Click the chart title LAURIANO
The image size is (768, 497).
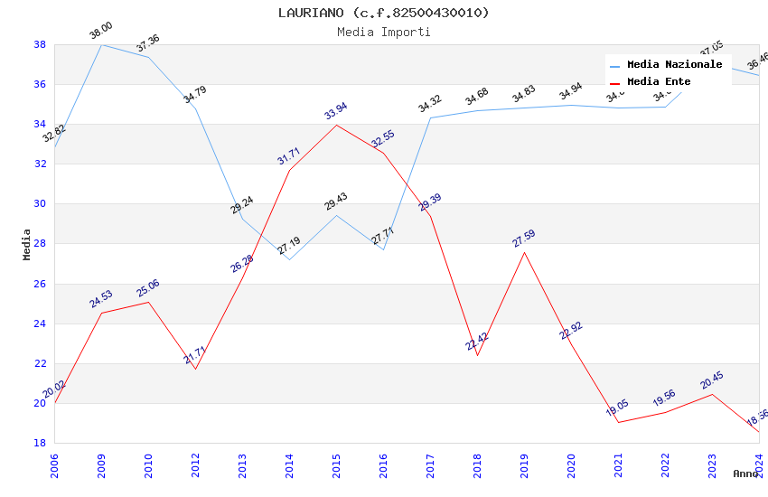383,13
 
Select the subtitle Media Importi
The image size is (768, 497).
383,32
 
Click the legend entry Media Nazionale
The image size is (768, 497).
674,65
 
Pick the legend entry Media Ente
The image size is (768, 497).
659,82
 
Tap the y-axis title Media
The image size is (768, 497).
27,244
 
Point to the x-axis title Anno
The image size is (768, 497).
745,474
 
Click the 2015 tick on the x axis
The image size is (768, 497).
336,464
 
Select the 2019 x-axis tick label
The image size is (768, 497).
524,464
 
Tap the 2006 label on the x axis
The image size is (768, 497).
54,464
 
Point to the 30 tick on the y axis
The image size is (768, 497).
41,204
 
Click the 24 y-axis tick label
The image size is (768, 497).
41,324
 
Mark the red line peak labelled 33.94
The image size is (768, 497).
336,125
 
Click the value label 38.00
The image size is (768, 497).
100,33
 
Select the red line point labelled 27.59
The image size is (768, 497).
524,252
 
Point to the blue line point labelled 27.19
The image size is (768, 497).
289,260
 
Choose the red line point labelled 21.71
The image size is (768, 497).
195,369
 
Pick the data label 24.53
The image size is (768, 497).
101,299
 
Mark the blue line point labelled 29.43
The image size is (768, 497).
336,215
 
